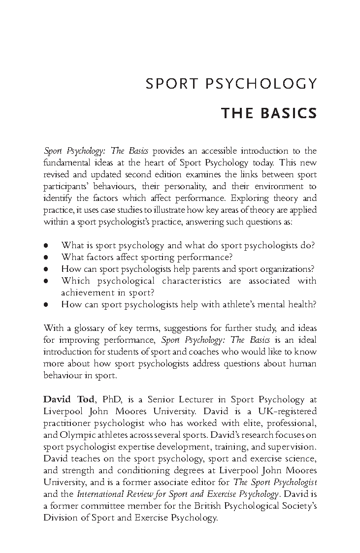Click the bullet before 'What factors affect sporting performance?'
point(46,257)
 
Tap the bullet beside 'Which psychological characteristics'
point(46,281)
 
